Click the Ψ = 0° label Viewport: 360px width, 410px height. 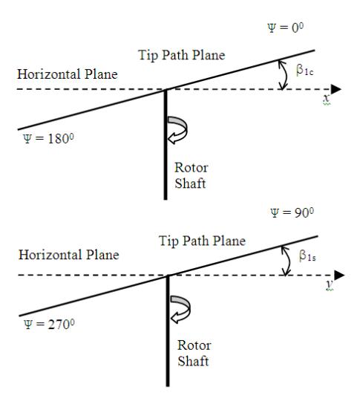point(286,27)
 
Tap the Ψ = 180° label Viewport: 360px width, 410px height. point(48,139)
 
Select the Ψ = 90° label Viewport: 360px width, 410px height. point(292,212)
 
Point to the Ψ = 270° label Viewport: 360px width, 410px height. point(49,325)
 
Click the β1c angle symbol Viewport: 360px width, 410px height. point(304,70)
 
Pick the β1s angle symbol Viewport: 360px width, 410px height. point(307,256)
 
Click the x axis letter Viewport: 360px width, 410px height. point(327,99)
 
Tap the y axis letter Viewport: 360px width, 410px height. point(330,284)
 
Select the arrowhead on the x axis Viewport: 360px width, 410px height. point(336,89)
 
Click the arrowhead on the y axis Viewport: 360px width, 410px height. point(340,275)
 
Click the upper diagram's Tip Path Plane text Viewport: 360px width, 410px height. point(182,55)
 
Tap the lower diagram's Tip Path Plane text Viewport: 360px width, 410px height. point(202,241)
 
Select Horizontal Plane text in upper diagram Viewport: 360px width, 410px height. point(68,74)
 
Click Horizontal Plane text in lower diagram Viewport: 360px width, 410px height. point(69,255)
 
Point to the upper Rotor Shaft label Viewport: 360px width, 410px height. point(192,175)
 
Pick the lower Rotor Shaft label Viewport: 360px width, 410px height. point(194,354)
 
